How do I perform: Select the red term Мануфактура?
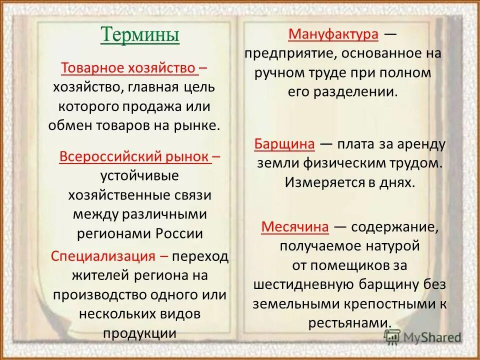click(x=333, y=34)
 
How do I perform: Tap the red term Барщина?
click(x=284, y=144)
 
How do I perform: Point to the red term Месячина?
click(x=295, y=227)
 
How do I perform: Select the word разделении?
click(x=362, y=92)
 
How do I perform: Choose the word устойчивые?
click(x=140, y=176)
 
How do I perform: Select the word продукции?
click(x=140, y=333)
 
